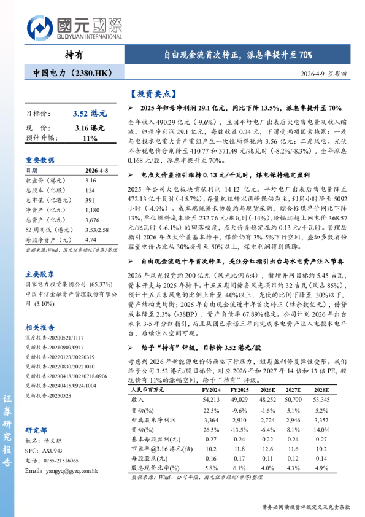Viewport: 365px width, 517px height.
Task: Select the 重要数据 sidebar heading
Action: coord(40,158)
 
